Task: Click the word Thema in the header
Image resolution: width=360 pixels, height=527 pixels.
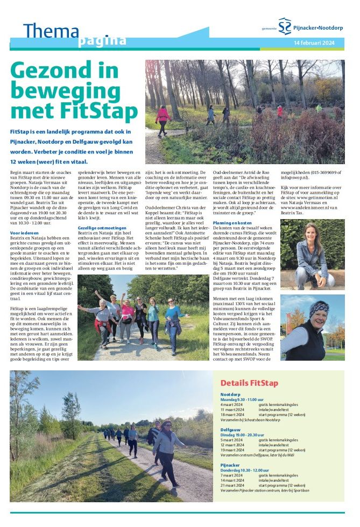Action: coord(51,31)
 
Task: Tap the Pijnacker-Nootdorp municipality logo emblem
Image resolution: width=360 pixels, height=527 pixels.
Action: coord(285,26)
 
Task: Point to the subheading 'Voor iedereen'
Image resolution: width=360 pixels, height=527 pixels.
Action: coord(24,233)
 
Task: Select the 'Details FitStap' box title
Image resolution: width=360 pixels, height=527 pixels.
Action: coord(249,383)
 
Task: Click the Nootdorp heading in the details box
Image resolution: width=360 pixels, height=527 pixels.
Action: coord(231,395)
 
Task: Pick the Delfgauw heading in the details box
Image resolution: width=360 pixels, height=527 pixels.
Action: coord(231,430)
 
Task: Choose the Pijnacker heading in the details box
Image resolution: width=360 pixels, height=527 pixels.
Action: coord(231,464)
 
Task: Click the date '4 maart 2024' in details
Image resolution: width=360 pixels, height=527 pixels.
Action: coord(233,404)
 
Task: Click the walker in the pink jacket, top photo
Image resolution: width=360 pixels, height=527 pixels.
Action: coord(162,117)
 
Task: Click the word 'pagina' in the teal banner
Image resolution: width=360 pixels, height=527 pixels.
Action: coord(102,41)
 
